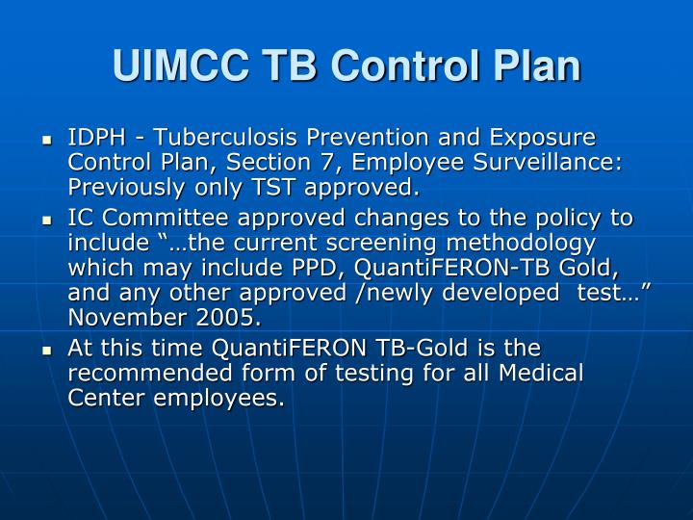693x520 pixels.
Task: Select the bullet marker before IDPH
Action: tap(45, 140)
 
